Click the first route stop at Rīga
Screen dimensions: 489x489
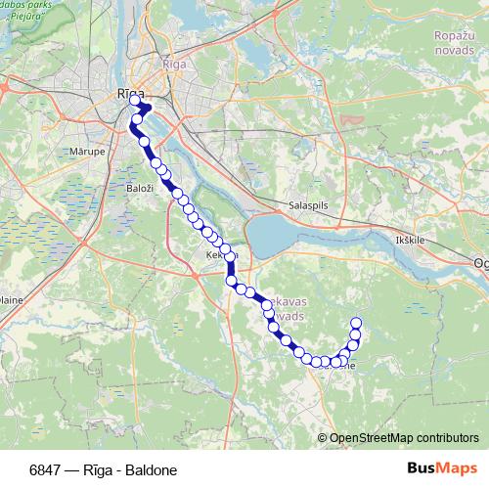[135, 100]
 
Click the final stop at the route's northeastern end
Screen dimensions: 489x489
[356, 323]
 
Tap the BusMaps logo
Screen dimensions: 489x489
[440, 469]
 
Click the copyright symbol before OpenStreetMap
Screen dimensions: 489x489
[323, 437]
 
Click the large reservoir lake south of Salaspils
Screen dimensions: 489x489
[293, 235]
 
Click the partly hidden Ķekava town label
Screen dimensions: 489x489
[216, 255]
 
